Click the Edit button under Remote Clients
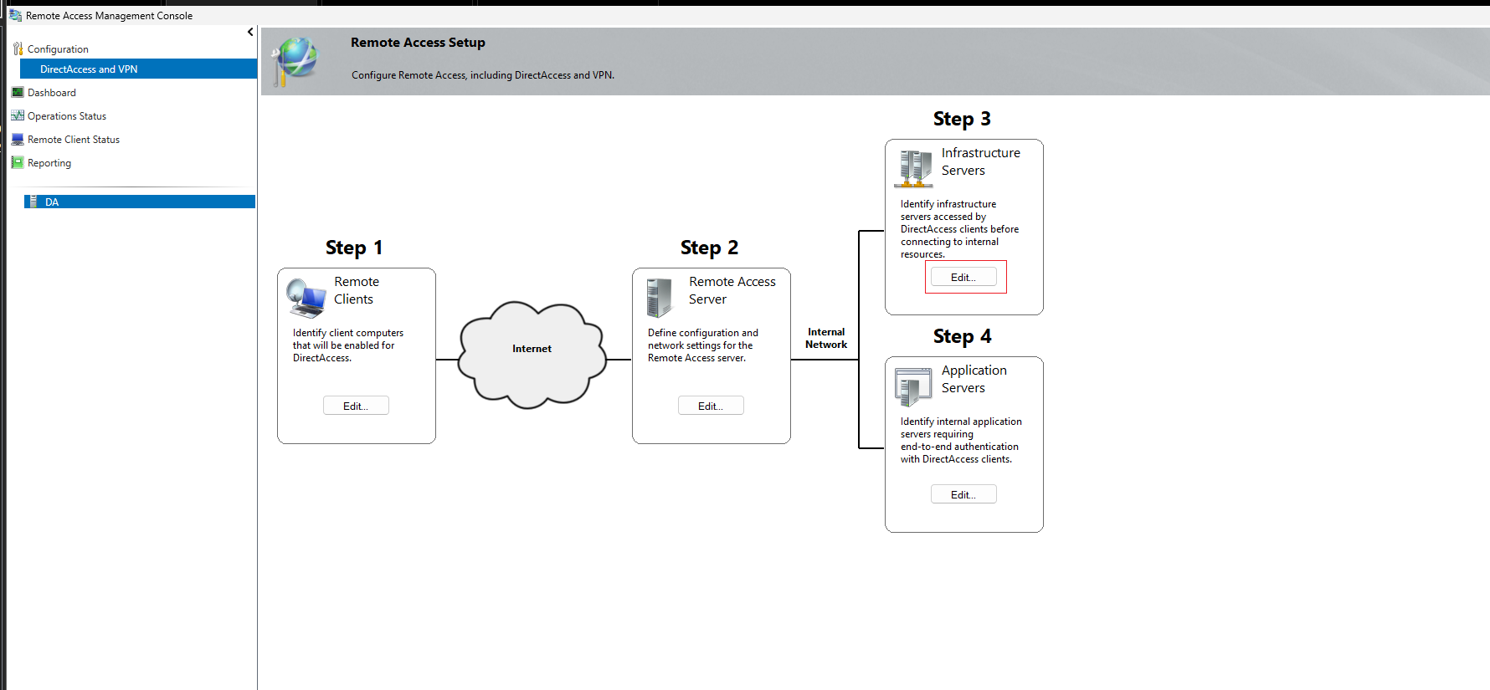pos(356,406)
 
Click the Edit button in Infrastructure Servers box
pos(963,277)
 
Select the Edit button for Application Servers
pos(963,494)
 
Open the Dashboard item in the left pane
pos(51,93)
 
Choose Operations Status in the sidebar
pos(66,116)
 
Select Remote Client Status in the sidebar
pos(73,140)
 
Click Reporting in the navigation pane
pos(49,163)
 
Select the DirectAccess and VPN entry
pos(89,69)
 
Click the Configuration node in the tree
pos(57,49)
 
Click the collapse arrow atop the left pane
pos(250,32)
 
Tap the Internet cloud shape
pos(532,355)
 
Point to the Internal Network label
pos(826,338)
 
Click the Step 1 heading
pos(354,248)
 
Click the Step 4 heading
pos(963,336)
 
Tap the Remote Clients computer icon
pos(306,298)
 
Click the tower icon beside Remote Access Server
pos(660,298)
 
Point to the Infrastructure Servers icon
pos(913,169)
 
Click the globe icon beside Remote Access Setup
pos(295,61)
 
